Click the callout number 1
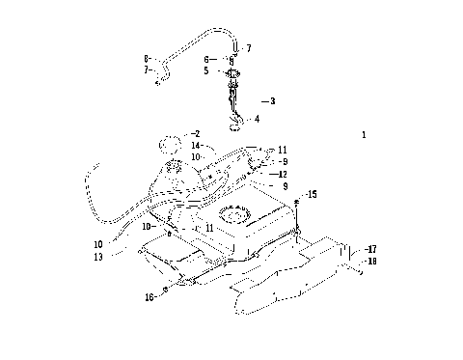(x=364, y=136)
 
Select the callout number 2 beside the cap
(x=196, y=134)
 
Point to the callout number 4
(x=256, y=119)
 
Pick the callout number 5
(x=205, y=70)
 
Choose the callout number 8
(x=147, y=59)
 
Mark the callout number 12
(x=283, y=174)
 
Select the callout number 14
(x=196, y=145)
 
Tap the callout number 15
(x=312, y=195)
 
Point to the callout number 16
(x=150, y=298)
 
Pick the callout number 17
(x=371, y=249)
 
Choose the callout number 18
(x=371, y=261)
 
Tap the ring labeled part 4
(x=238, y=121)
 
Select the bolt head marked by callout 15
(x=298, y=199)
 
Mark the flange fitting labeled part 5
(x=231, y=74)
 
